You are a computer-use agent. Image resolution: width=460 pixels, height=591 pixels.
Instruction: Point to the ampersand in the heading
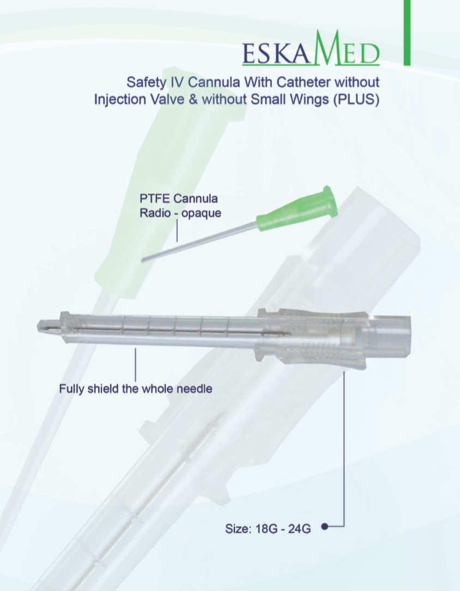coord(193,100)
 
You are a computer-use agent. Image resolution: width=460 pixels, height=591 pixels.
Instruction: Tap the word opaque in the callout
coord(201,214)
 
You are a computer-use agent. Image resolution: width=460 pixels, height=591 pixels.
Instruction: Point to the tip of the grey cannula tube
coord(142,260)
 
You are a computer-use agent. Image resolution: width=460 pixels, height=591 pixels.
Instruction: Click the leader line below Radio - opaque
coord(177,231)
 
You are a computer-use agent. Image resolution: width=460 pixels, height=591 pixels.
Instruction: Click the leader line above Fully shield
coord(136,365)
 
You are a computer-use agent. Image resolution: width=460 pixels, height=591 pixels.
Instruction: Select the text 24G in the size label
coord(300,529)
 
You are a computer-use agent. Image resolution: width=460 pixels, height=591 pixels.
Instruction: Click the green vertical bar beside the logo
coord(407,33)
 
